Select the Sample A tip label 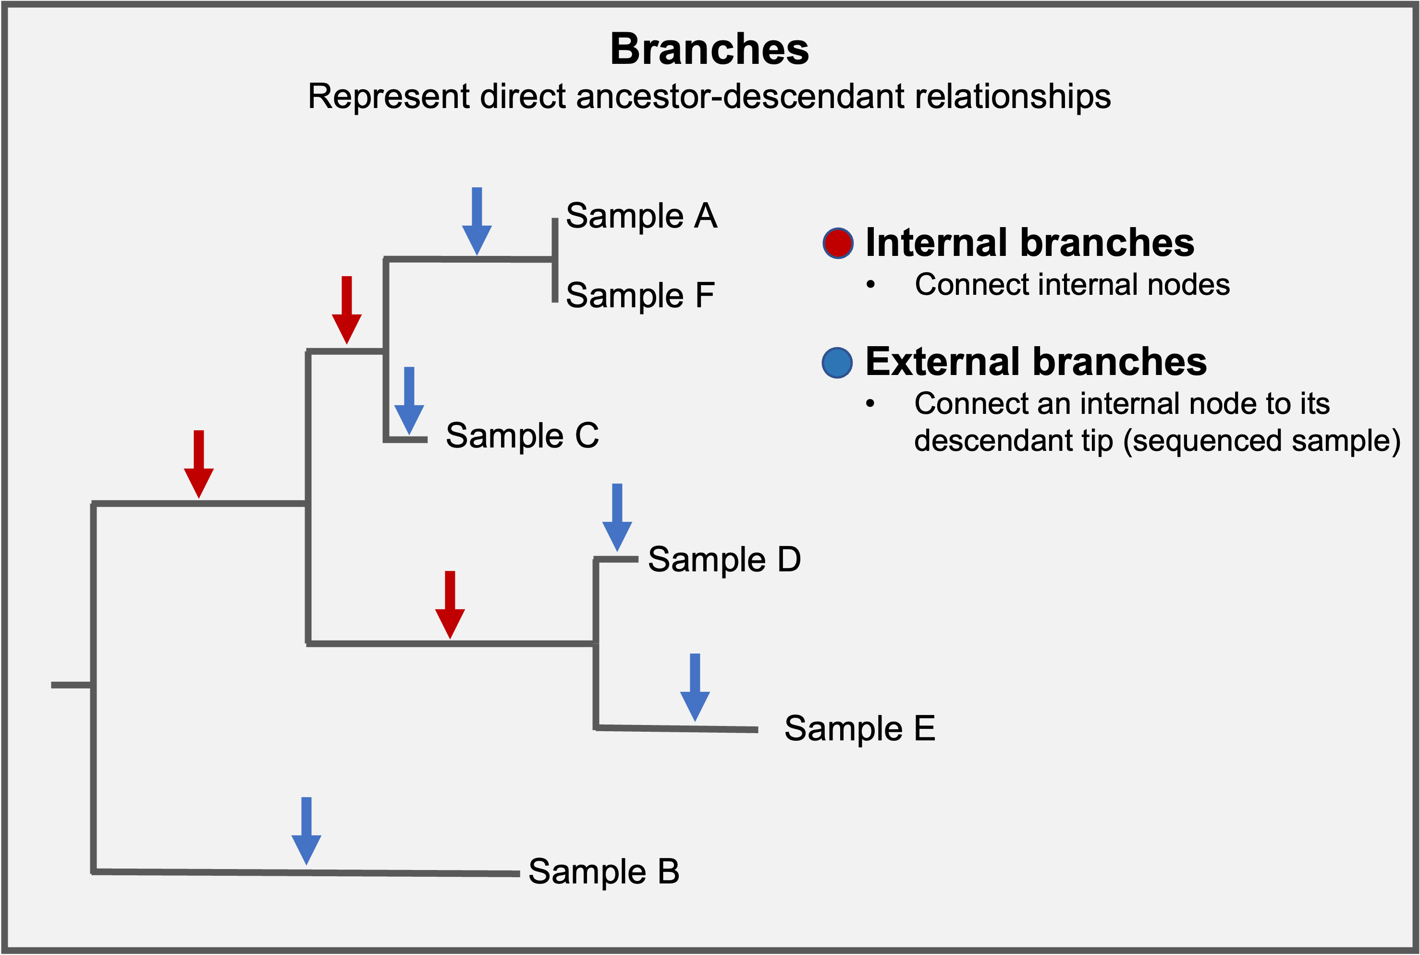point(641,216)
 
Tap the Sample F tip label point(640,295)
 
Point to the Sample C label point(522,435)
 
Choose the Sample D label point(724,559)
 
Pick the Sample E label point(859,728)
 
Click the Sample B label point(603,871)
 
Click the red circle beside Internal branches point(838,243)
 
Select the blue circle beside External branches point(837,363)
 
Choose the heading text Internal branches point(1029,242)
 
